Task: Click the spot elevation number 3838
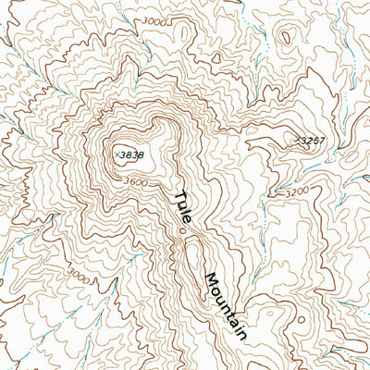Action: click(133, 155)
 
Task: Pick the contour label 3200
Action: click(296, 191)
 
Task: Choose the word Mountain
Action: click(228, 306)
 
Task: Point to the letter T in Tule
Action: click(179, 196)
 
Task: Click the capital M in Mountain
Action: click(210, 278)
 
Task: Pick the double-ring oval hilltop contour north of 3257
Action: click(284, 38)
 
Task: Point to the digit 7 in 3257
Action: click(323, 141)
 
